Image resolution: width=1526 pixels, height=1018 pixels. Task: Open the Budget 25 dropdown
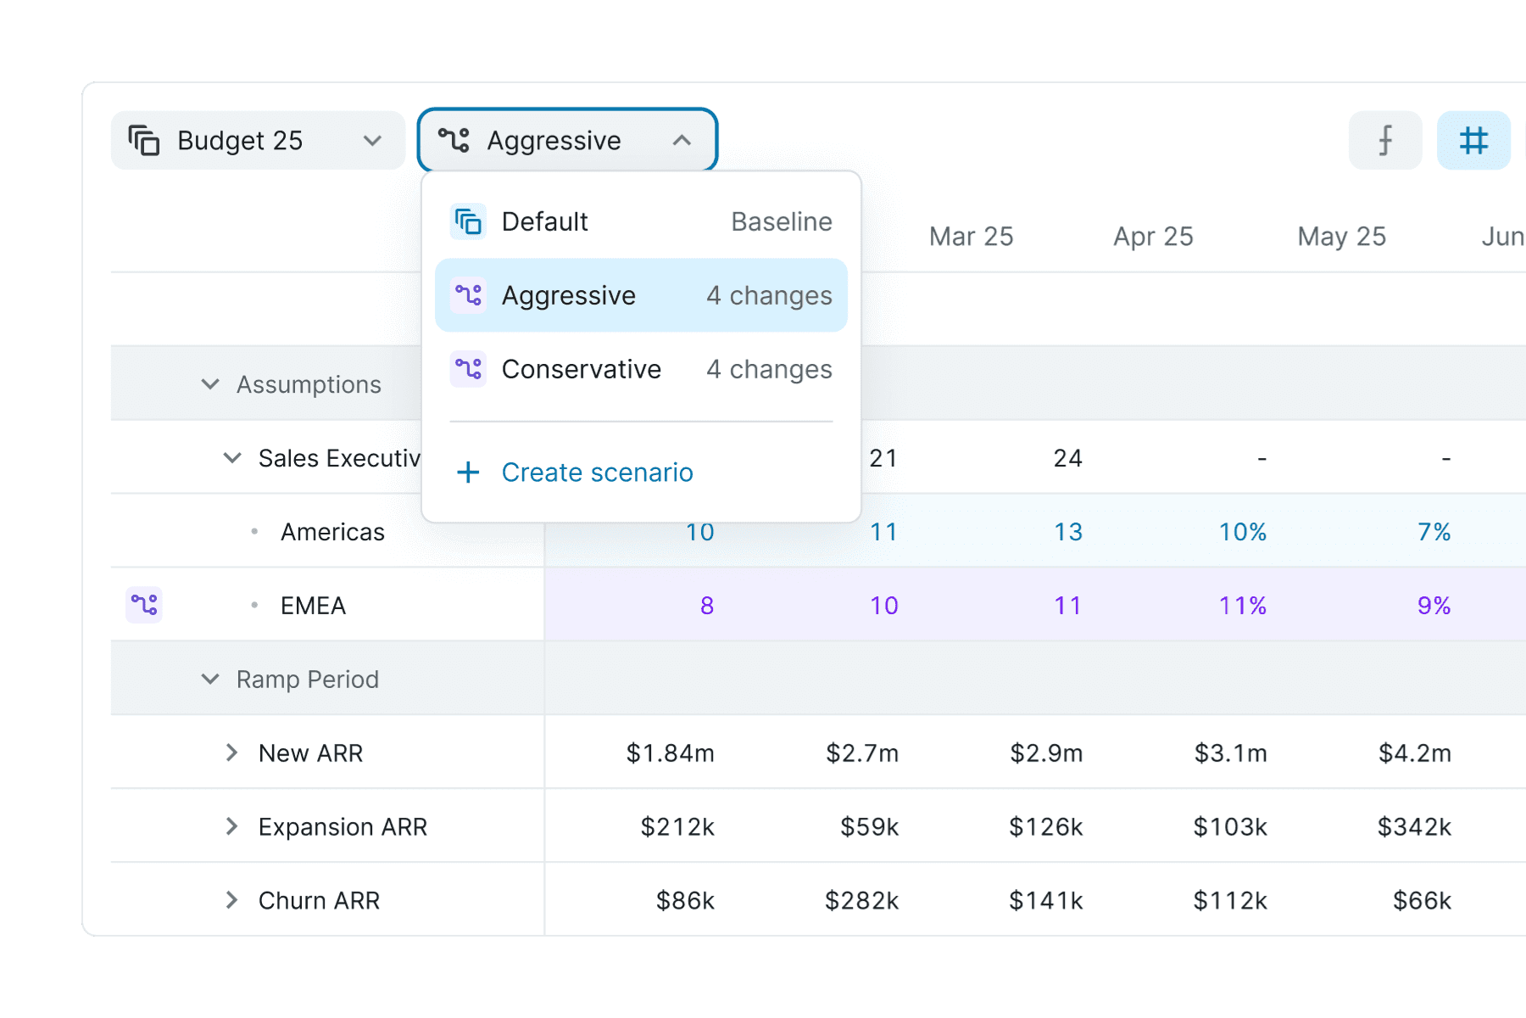click(x=258, y=140)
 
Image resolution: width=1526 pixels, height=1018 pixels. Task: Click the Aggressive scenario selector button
click(x=567, y=140)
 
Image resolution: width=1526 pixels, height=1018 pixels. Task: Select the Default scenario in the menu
click(x=641, y=221)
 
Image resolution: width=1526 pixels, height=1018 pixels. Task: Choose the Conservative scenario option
click(x=641, y=369)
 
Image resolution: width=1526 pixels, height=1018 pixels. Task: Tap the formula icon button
click(x=1385, y=140)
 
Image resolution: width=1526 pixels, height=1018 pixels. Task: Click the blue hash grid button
click(x=1473, y=140)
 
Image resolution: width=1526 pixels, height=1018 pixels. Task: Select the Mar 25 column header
click(x=971, y=237)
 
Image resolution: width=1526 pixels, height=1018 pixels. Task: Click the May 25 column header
click(x=1341, y=237)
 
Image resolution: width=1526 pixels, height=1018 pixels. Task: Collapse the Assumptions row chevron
click(x=210, y=384)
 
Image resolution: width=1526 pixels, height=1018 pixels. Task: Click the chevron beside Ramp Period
click(x=210, y=679)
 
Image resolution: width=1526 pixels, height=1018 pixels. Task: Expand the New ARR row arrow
click(x=231, y=752)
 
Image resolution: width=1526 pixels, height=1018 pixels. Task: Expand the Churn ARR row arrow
click(x=231, y=900)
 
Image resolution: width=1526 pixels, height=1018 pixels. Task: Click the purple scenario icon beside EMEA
click(x=144, y=605)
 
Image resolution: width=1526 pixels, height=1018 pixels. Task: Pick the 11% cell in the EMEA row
click(x=1243, y=606)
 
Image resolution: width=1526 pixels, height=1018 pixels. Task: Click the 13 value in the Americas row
click(x=1068, y=532)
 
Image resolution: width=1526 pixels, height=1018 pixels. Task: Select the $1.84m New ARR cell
click(x=670, y=753)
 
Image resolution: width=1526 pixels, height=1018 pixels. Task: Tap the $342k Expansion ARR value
click(x=1414, y=827)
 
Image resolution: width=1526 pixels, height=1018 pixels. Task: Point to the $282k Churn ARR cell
click(x=861, y=901)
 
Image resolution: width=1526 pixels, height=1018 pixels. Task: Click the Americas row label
click(x=332, y=532)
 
